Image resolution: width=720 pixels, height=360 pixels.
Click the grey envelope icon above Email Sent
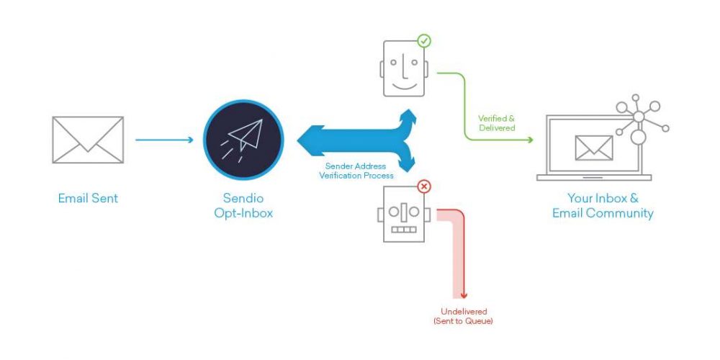coord(88,140)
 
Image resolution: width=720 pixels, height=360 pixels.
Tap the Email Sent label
coord(88,199)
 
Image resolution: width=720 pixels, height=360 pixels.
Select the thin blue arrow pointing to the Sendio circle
coord(164,140)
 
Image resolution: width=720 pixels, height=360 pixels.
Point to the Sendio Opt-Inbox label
coord(243,205)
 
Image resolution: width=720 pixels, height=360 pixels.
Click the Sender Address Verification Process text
coord(356,171)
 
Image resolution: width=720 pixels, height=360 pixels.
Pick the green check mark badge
coord(424,41)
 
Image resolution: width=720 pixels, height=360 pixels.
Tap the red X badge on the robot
coord(424,186)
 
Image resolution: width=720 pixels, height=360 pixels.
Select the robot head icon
coord(404,214)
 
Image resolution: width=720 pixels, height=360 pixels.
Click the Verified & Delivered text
coord(497,123)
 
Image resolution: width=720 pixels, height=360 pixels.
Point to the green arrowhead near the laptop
coord(530,140)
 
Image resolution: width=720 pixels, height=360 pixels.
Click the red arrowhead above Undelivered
coord(464,295)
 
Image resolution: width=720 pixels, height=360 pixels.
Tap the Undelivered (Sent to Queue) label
coord(463,316)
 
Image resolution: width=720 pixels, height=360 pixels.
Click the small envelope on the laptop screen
coord(594,148)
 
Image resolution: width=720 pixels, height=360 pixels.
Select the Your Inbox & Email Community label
coord(603,206)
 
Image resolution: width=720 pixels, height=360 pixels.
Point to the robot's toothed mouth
coord(404,229)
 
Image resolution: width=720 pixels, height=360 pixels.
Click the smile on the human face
coord(404,86)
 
